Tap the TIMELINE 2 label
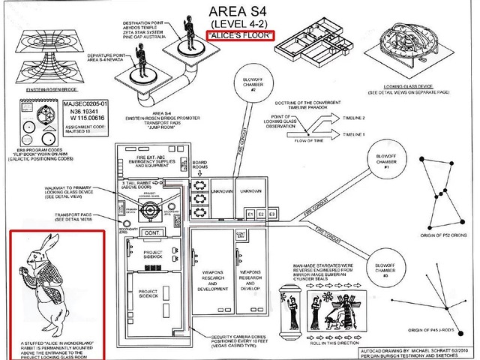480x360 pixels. click(x=355, y=118)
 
